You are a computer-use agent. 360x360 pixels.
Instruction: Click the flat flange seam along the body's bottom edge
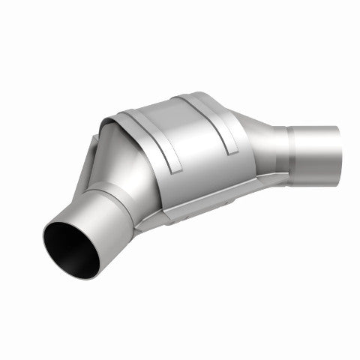[217, 206]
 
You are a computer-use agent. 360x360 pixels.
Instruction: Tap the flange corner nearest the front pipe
[142, 223]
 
